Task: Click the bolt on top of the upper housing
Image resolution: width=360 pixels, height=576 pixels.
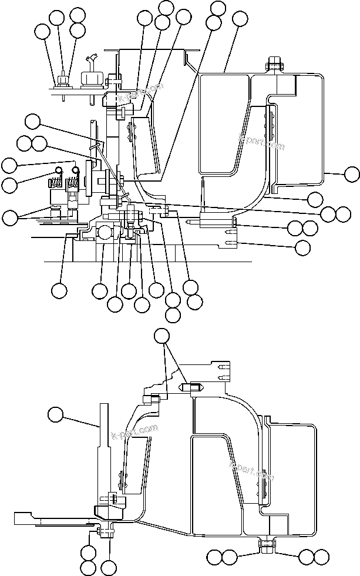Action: [272, 63]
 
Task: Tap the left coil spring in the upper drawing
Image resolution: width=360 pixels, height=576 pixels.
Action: [58, 179]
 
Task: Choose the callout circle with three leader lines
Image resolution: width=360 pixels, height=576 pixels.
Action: [162, 336]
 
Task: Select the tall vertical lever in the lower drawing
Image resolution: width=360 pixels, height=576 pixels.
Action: [103, 447]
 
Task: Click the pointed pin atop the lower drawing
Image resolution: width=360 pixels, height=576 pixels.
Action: [195, 388]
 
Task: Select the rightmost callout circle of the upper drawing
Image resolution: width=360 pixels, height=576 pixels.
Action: [352, 173]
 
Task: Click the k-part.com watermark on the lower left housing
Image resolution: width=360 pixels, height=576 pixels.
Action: [134, 433]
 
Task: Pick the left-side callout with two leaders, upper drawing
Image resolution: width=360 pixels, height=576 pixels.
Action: [10, 217]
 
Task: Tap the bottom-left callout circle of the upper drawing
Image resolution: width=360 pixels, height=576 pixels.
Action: [59, 290]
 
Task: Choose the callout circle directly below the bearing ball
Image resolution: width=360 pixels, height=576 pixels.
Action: [100, 290]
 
